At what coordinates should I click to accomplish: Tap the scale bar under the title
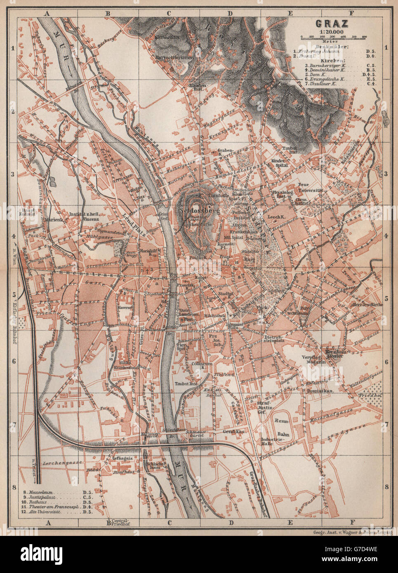pos(333,38)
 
